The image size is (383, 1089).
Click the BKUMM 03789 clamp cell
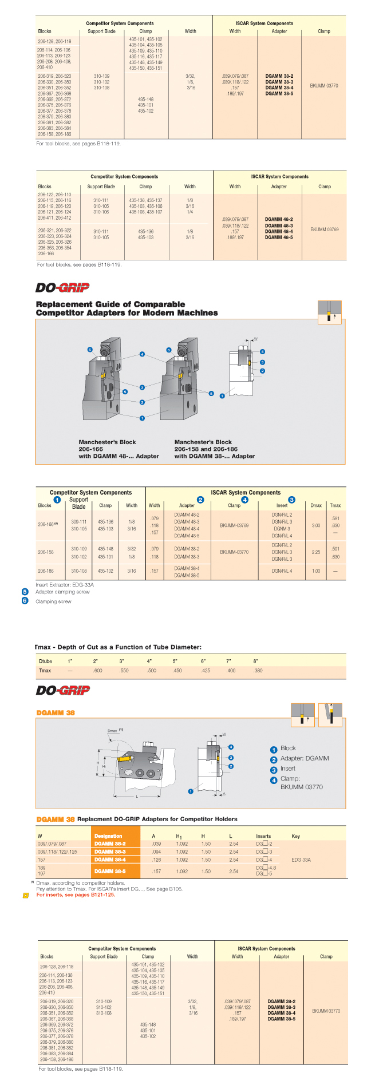pyautogui.click(x=324, y=229)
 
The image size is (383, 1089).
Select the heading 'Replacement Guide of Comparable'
pyautogui.click(x=110, y=304)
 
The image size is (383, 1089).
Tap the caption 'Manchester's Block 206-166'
pyautogui.click(x=107, y=446)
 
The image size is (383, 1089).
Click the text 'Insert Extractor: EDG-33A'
pyautogui.click(x=65, y=585)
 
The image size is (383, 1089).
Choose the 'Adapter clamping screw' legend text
pyautogui.click(x=62, y=592)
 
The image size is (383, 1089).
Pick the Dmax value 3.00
pyautogui.click(x=315, y=525)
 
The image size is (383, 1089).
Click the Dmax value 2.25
pyautogui.click(x=315, y=552)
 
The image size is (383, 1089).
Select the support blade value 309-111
pyautogui.click(x=79, y=522)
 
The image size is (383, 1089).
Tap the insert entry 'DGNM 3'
pyautogui.click(x=281, y=529)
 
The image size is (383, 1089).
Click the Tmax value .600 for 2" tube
pyautogui.click(x=98, y=671)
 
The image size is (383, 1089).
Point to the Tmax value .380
pyautogui.click(x=258, y=671)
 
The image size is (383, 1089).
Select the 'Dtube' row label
pyautogui.click(x=45, y=662)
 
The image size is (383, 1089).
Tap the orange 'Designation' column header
pyautogui.click(x=109, y=836)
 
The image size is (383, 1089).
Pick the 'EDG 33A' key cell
pyautogui.click(x=301, y=860)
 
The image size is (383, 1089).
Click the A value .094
pyautogui.click(x=156, y=852)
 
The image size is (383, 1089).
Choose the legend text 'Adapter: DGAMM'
pyautogui.click(x=305, y=758)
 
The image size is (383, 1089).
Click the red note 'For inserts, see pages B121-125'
pyautogui.click(x=76, y=895)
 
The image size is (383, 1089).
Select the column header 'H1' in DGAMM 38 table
pyautogui.click(x=179, y=837)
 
